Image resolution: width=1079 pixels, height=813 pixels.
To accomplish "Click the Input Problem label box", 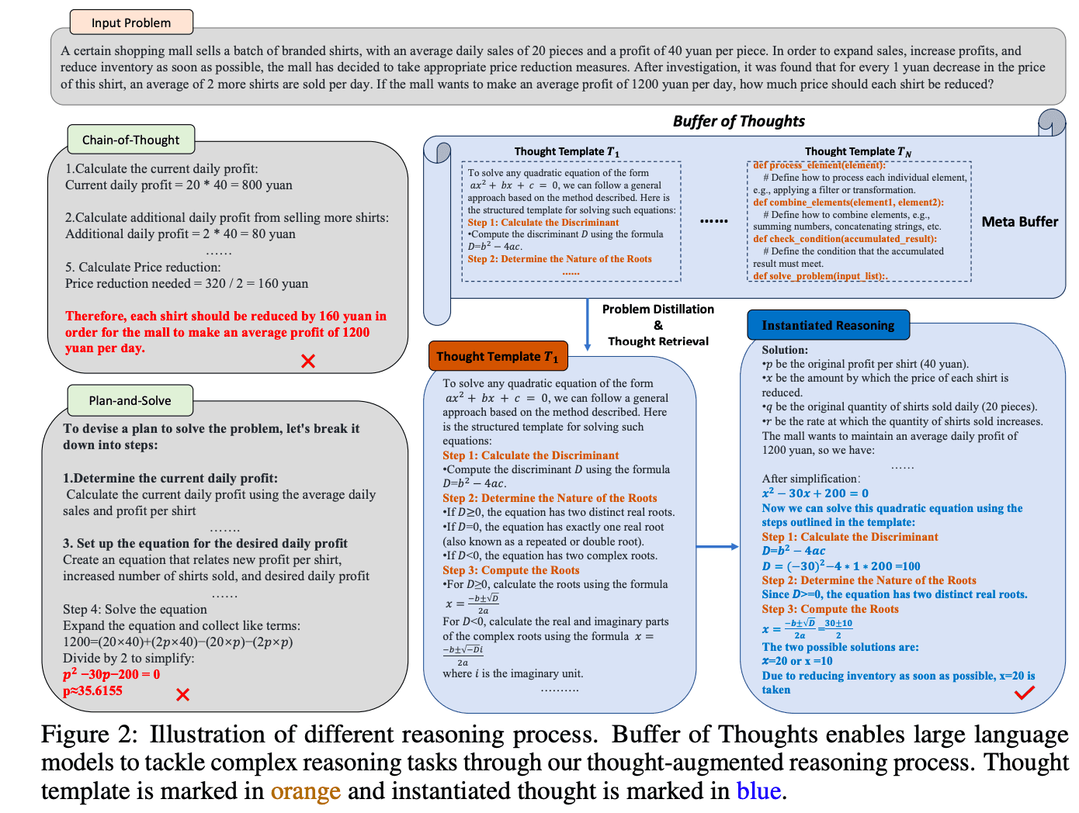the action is (x=130, y=22).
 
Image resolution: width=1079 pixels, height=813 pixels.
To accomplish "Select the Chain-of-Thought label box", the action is (x=130, y=140).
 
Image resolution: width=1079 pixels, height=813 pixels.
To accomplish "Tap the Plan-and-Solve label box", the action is (x=130, y=400).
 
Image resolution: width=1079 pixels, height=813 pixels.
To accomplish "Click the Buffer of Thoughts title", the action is (x=738, y=121).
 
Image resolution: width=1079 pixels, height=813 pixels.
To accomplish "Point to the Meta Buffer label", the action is (x=1019, y=222).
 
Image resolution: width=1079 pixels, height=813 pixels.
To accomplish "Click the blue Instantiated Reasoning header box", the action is (x=827, y=325).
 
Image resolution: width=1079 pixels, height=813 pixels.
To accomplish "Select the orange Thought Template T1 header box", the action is (x=498, y=355).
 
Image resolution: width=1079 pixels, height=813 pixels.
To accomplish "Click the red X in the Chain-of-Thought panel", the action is (x=307, y=361).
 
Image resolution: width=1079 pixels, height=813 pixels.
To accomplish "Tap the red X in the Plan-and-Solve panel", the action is (x=182, y=694).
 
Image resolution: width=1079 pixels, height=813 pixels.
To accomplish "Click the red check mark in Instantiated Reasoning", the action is (x=1024, y=692).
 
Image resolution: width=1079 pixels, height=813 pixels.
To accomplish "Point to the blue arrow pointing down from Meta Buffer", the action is (x=587, y=325).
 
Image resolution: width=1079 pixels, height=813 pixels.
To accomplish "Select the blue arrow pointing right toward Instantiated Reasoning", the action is (x=717, y=546).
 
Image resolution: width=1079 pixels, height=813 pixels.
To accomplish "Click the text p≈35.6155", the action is (x=92, y=690).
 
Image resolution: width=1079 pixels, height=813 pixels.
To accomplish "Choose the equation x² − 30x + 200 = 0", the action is (x=815, y=493).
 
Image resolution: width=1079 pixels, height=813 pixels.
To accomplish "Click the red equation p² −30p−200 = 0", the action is (x=111, y=673).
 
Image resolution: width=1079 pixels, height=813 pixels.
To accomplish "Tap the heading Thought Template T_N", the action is (x=858, y=151).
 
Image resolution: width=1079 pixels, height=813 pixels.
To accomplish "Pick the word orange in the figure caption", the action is (x=305, y=791).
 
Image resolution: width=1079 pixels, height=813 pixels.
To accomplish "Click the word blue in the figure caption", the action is (x=758, y=791).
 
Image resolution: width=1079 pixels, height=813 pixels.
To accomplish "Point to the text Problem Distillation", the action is (x=657, y=309).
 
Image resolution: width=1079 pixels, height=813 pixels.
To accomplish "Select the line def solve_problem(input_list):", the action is (x=820, y=275).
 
